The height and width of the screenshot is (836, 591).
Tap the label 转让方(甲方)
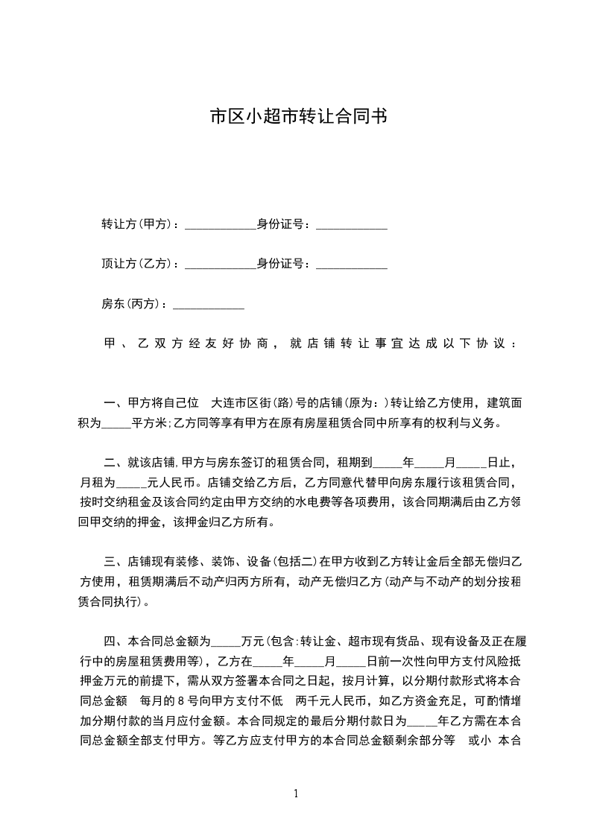point(137,224)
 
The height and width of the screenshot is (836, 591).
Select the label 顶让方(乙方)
point(137,264)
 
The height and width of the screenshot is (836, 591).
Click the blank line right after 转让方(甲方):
point(220,227)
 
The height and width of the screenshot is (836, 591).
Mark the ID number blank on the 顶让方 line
point(352,266)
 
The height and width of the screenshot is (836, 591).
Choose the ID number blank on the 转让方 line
point(352,227)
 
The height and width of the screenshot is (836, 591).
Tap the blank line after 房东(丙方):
point(209,306)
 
